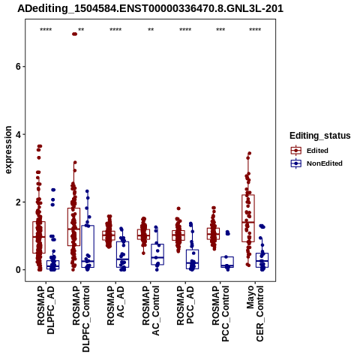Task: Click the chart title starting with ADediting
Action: [150, 9]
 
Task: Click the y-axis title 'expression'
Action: [8, 150]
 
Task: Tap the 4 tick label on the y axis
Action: [18, 134]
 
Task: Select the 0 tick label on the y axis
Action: [18, 270]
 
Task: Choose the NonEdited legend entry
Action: [316, 163]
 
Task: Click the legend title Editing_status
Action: [320, 136]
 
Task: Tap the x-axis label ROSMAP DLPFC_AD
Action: [46, 310]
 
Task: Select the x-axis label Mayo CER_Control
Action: [255, 313]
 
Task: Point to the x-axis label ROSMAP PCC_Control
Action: [220, 313]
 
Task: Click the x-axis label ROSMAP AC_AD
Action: [115, 305]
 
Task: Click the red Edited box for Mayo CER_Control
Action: [248, 218]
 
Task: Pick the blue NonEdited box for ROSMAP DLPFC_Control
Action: [88, 246]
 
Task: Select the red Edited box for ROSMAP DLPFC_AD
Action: [39, 237]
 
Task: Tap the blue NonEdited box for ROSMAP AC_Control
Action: [157, 254]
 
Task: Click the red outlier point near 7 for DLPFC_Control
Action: [74, 34]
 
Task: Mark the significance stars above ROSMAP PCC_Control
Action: [220, 30]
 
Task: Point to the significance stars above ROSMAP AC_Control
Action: [151, 30]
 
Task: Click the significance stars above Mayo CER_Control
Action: [255, 30]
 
